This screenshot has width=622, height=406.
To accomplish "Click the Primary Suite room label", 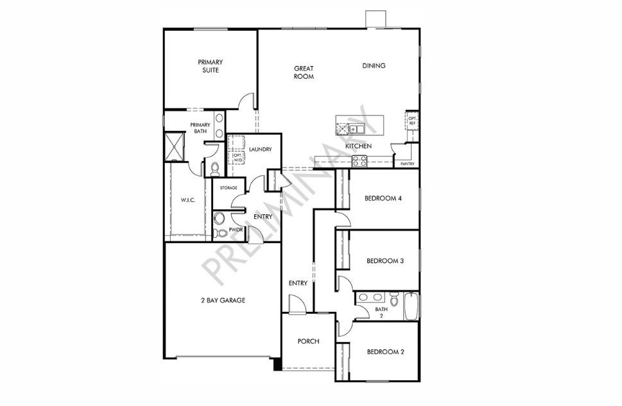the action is click(211, 66).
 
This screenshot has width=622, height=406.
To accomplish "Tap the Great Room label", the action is click(304, 72).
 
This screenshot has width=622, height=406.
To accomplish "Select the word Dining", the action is click(374, 65).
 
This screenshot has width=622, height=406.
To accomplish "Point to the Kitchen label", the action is click(358, 146).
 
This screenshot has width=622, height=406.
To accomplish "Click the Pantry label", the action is click(408, 164).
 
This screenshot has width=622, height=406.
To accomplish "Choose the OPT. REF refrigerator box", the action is click(412, 121).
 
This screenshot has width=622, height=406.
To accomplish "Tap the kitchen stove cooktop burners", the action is click(360, 162).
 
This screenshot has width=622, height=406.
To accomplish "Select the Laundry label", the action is click(260, 149).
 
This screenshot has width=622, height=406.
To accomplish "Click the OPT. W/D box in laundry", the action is click(237, 157).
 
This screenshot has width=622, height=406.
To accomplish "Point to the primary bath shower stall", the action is click(174, 147).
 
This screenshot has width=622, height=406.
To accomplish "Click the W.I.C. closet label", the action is click(188, 200).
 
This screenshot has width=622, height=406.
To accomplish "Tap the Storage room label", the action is click(229, 187).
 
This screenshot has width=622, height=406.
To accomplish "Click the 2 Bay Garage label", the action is click(223, 300).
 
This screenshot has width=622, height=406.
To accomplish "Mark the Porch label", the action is click(308, 341).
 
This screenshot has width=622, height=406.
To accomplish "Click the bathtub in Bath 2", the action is click(411, 306).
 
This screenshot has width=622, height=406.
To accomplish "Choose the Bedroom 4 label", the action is click(383, 198).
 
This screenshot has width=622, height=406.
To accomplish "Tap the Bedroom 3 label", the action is click(385, 261).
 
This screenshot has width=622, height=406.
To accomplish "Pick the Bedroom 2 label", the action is click(386, 351).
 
